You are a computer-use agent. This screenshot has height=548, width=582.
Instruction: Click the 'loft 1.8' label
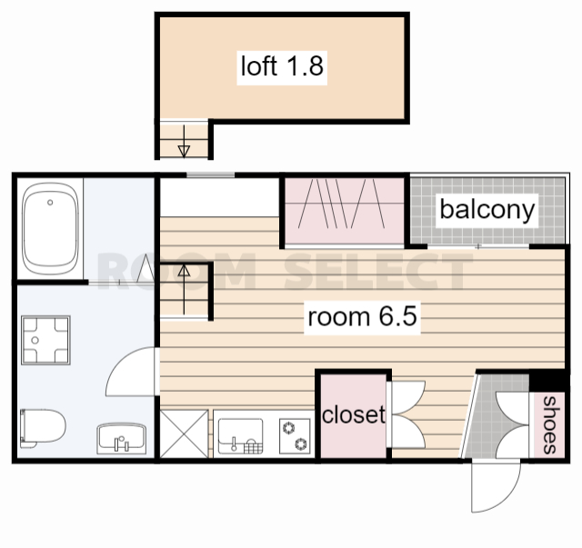point(282,66)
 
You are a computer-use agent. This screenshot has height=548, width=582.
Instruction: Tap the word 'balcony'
point(487,210)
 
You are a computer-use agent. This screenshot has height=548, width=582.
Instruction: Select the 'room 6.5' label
point(362,317)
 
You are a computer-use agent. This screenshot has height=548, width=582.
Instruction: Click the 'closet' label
point(354,414)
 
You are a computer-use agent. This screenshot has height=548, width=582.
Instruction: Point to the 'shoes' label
point(550,424)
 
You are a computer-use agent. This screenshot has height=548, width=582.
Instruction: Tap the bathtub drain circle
point(50,203)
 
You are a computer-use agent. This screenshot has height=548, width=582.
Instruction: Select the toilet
point(43,428)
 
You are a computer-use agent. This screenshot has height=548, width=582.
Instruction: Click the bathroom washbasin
point(121,439)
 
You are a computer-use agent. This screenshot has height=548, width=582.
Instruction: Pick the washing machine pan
point(45,340)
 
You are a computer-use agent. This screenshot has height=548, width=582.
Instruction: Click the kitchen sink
point(240,436)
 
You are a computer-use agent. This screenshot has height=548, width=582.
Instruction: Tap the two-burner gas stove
point(295,436)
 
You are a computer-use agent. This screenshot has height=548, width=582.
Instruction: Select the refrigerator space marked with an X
point(184,433)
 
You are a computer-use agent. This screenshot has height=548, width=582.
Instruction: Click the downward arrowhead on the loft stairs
point(184,151)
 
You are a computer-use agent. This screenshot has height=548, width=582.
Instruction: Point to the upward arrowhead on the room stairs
point(184,271)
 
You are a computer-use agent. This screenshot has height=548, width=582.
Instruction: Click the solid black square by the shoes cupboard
point(547,382)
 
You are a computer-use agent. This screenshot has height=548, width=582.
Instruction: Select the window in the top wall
point(210,175)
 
